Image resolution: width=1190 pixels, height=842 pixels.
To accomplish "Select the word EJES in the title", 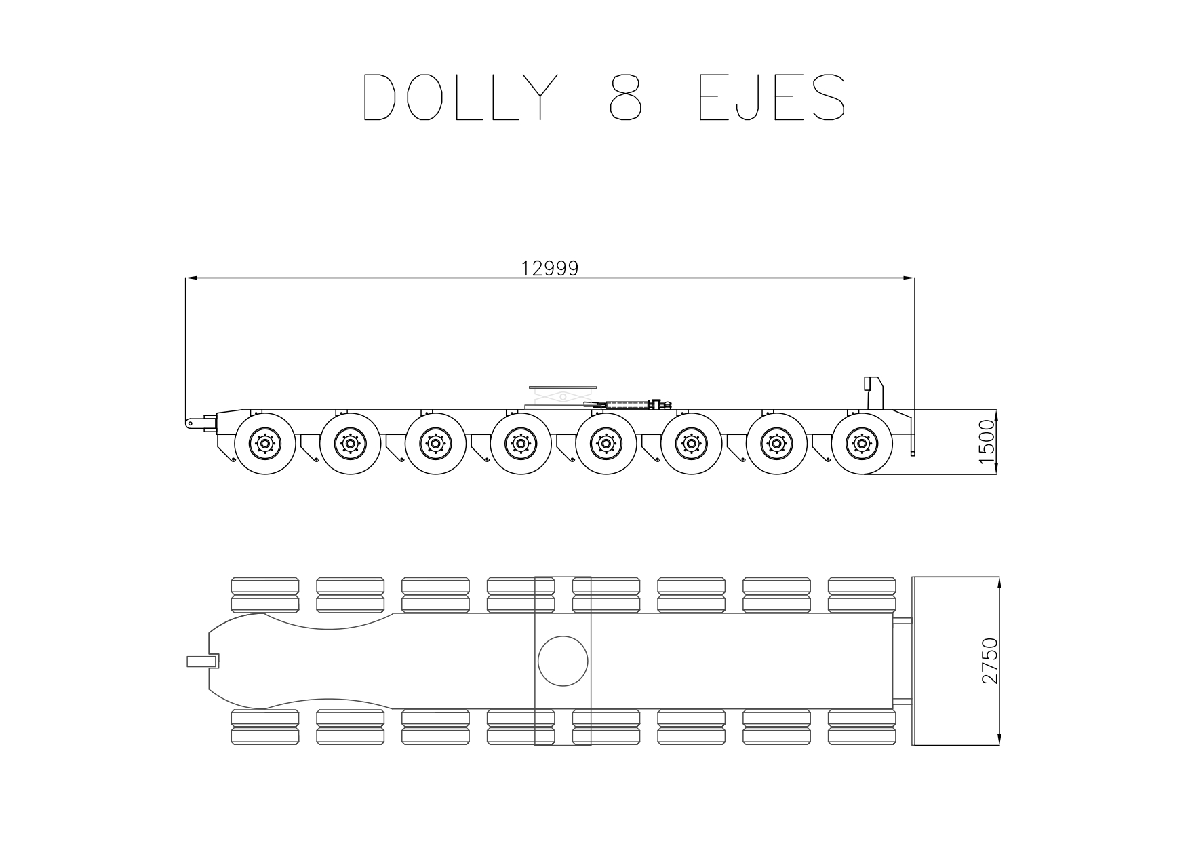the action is (772, 97).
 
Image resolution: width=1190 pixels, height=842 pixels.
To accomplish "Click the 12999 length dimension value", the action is (550, 269).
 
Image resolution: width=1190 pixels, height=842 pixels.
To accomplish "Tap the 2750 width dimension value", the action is (990, 661).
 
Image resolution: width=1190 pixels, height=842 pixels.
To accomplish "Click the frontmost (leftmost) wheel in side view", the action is (264, 444).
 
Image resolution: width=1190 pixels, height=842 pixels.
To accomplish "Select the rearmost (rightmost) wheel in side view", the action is (861, 444).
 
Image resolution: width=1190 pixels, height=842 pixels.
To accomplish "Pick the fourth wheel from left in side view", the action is (520, 444).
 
